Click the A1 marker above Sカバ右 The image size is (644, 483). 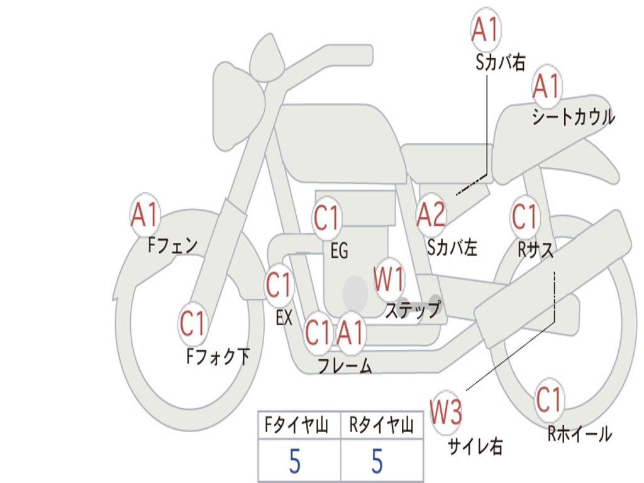[486, 30]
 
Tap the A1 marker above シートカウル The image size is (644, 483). [547, 86]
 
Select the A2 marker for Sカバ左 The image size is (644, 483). [430, 214]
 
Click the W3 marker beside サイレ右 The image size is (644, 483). [446, 411]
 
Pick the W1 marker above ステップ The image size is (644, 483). [389, 279]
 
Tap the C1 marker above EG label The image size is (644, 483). [326, 218]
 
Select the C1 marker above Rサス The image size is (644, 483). [525, 216]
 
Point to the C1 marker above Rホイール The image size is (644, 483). [548, 399]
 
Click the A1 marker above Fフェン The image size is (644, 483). [145, 214]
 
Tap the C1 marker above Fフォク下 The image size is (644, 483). [192, 323]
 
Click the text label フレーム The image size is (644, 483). [345, 365]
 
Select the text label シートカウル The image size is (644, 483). [574, 117]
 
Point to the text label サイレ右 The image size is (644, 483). [475, 446]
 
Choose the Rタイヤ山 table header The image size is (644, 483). [382, 425]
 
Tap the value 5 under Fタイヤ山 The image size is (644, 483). [295, 461]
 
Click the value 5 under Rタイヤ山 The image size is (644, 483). [377, 461]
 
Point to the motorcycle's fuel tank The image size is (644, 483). [341, 142]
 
